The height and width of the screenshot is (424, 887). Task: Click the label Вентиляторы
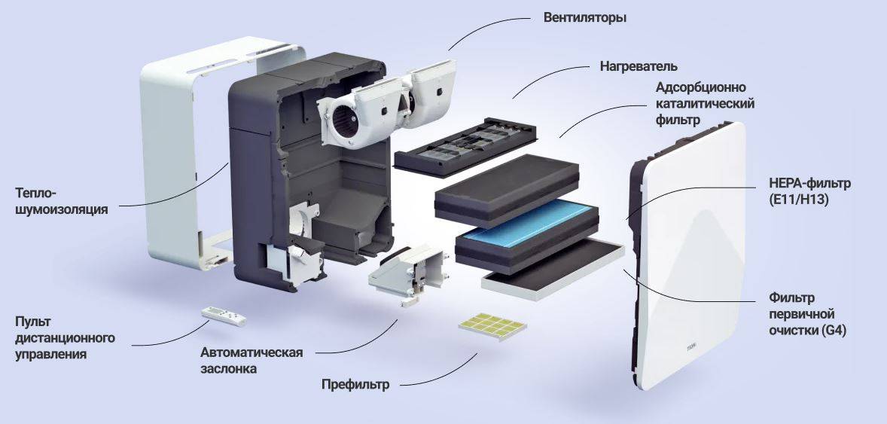(x=585, y=17)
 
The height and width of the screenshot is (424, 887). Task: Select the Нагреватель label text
(x=639, y=66)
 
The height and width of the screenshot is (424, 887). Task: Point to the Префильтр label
(x=355, y=385)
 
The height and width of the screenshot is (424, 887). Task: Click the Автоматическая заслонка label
(x=251, y=361)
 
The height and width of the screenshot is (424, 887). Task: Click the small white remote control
(x=224, y=316)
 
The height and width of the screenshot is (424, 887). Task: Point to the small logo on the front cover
(x=691, y=347)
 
